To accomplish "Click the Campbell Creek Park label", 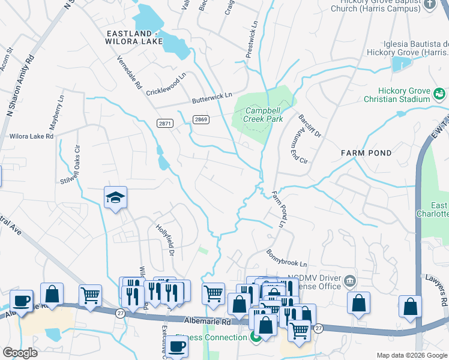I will tap(263, 115).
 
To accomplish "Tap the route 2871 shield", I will tap(165, 123).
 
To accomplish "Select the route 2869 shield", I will tap(201, 119).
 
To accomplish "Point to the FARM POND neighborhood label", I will tap(366, 153).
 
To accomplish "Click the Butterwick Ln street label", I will tap(211, 99).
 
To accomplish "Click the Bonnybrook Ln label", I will tap(286, 259).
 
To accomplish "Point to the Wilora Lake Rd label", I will tap(31, 136).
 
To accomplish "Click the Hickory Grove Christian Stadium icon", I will tap(439, 94).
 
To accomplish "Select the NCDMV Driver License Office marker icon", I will tap(350, 281).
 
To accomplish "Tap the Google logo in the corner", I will tap(20, 353).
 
